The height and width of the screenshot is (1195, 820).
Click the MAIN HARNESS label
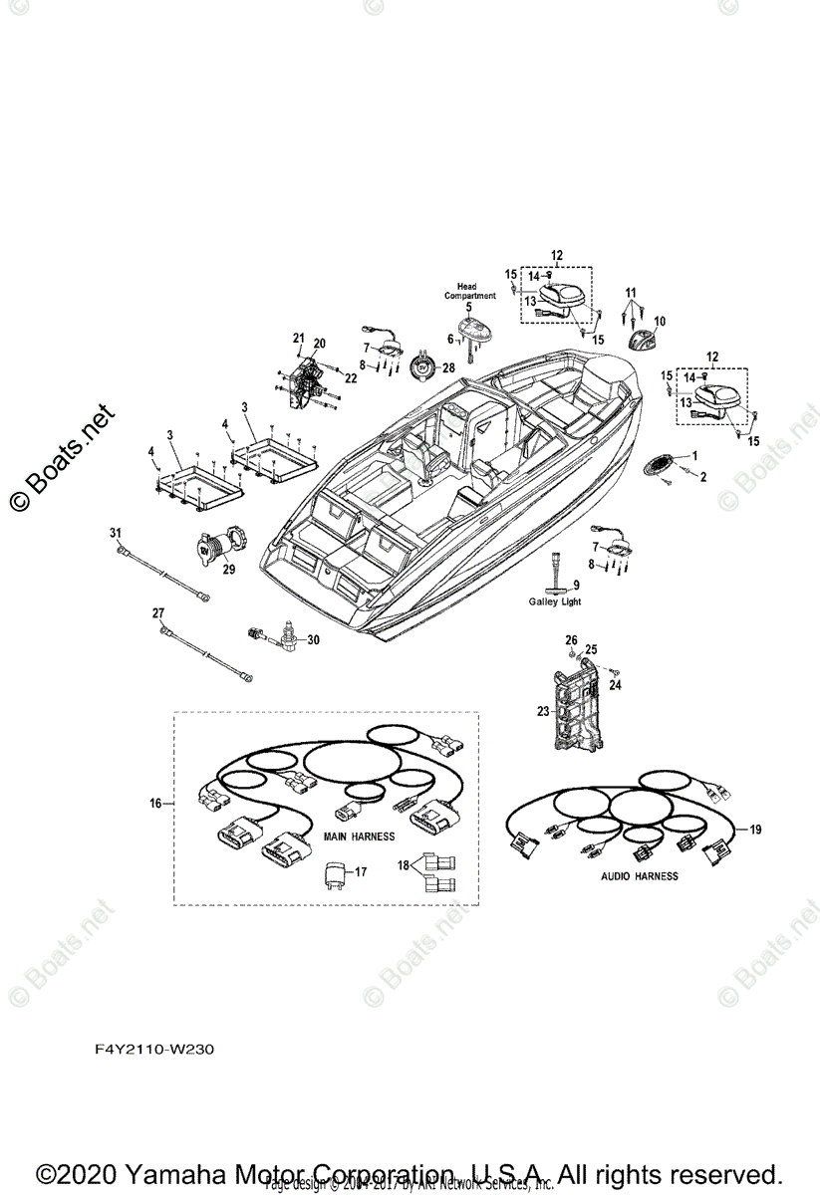(360, 836)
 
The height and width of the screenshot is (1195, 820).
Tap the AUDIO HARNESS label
(639, 876)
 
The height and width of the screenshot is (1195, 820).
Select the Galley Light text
(555, 602)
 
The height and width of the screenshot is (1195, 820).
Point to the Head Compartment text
(468, 291)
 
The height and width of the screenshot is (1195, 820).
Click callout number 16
(154, 802)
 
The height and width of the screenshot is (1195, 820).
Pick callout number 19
(755, 829)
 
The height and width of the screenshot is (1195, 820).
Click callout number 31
(115, 534)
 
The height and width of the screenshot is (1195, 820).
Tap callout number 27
(157, 611)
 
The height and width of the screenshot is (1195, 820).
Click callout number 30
(314, 639)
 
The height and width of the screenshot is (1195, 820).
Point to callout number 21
(298, 339)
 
